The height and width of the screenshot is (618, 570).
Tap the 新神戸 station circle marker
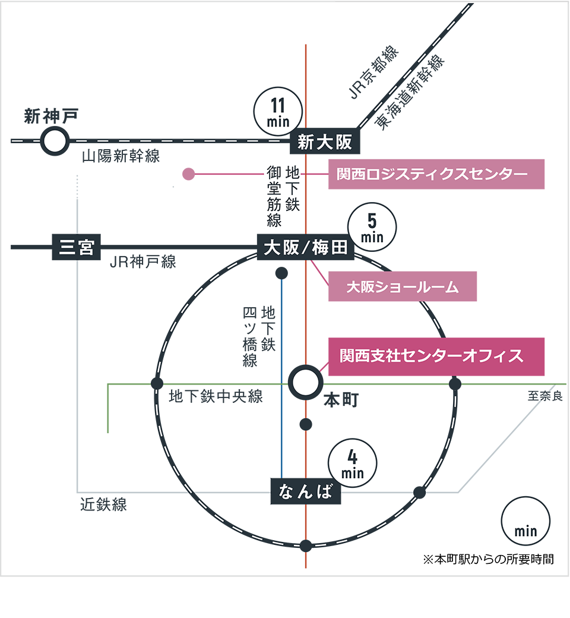click(x=54, y=141)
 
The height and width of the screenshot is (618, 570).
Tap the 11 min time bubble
click(x=278, y=111)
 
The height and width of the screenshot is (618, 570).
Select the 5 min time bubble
click(x=373, y=228)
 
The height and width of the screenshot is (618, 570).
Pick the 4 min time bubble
click(x=352, y=464)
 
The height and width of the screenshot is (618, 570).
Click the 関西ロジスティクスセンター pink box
click(x=436, y=174)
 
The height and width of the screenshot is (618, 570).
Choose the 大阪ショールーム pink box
click(x=403, y=287)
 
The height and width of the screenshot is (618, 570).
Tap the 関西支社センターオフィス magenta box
click(x=436, y=357)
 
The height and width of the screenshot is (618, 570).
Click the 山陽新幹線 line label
click(x=121, y=157)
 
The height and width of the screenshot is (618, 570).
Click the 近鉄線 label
click(x=104, y=505)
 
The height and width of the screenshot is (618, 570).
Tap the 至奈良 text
click(x=544, y=396)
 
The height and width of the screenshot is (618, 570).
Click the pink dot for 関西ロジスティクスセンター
click(x=189, y=174)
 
